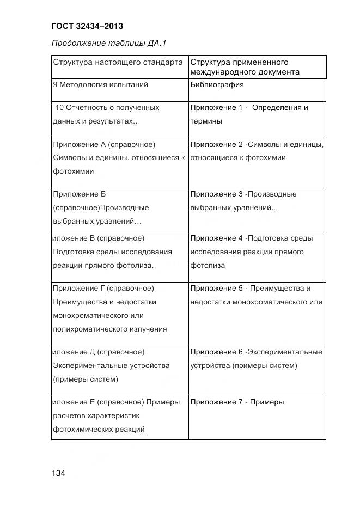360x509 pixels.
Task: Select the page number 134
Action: (58, 473)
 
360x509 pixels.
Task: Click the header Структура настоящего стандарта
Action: (118, 62)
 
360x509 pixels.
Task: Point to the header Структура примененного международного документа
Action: (245, 67)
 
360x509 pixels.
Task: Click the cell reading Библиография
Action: (217, 85)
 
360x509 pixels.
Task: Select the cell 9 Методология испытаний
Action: (101, 85)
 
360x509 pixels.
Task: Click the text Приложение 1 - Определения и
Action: (249, 108)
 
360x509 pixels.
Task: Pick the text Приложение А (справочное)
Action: (105, 144)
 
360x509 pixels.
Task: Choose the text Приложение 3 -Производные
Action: (243, 194)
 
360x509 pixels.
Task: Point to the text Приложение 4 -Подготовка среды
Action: (252, 238)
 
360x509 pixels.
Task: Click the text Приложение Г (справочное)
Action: (103, 288)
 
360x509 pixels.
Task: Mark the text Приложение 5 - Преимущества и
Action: (251, 288)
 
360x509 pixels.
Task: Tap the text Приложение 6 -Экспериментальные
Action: (256, 352)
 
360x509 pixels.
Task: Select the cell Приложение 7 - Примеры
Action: (237, 402)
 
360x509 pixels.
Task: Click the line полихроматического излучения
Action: (110, 329)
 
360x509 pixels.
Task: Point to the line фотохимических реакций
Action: (99, 430)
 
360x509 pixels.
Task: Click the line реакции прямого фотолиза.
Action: (103, 266)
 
